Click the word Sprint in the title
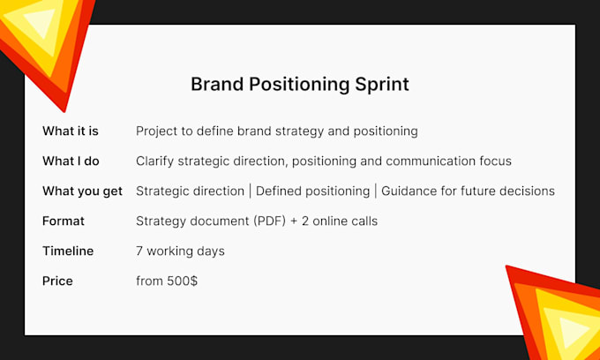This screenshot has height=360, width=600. (382, 85)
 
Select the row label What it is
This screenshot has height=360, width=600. (71, 131)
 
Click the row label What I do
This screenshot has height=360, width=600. (71, 161)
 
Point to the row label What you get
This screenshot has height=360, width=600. (83, 191)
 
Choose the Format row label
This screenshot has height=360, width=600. (64, 221)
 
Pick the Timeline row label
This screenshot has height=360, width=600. (68, 251)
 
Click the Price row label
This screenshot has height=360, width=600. (57, 281)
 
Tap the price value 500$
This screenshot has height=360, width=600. (182, 281)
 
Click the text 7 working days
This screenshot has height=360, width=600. (180, 251)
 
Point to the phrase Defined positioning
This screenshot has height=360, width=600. (312, 191)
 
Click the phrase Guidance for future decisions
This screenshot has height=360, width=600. (468, 191)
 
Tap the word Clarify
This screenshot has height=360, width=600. (155, 161)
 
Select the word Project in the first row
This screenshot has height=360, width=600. (157, 131)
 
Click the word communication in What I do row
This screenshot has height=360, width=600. (431, 161)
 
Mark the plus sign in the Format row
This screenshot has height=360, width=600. (294, 221)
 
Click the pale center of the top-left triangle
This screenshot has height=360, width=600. (41, 21)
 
